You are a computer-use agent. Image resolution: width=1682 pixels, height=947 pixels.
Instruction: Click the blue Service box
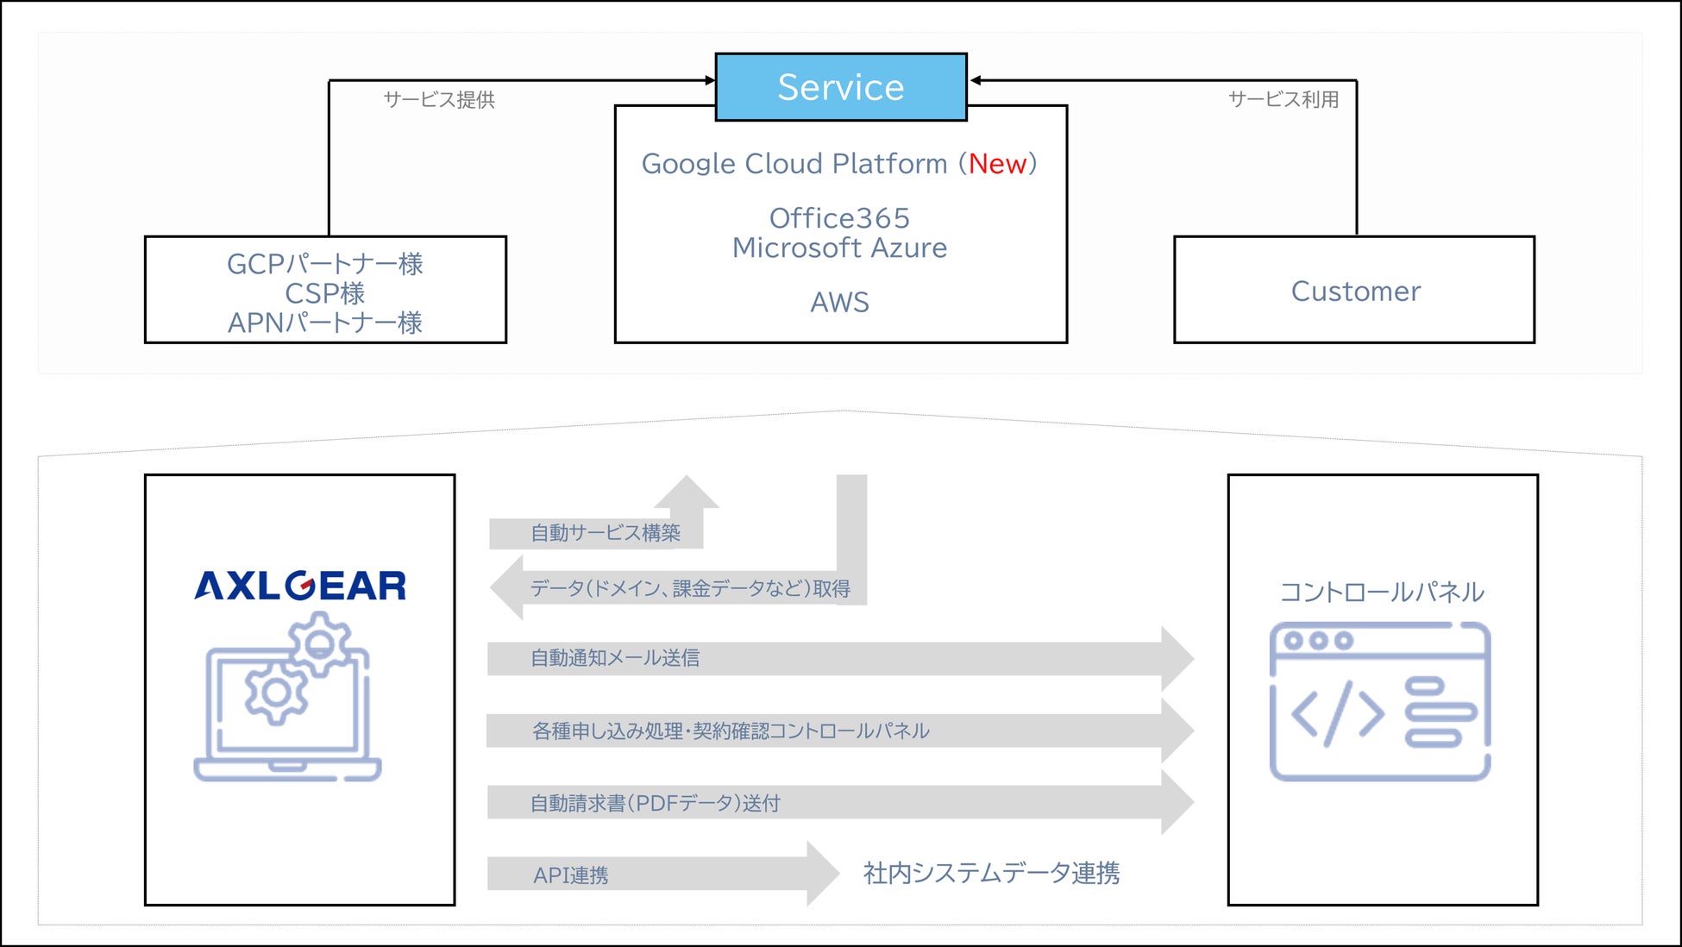841,87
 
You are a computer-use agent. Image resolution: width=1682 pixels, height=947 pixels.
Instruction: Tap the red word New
997,164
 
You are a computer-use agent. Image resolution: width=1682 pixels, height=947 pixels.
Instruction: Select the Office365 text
839,218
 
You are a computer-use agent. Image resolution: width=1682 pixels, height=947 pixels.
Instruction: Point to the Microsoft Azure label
839,248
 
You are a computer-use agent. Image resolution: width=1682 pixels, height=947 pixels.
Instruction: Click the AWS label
839,303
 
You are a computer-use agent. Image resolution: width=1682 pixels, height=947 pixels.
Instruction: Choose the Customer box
1354,291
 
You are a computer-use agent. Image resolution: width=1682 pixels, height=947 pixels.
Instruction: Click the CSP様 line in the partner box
325,293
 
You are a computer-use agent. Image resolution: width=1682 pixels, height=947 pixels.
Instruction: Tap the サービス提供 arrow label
439,100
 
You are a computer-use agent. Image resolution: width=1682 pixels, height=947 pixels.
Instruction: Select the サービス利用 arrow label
1283,100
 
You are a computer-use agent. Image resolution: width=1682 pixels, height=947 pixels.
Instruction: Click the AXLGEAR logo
300,586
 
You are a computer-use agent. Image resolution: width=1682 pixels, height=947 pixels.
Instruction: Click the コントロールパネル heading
1382,593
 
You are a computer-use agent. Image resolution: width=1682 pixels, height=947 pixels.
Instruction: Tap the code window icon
1380,701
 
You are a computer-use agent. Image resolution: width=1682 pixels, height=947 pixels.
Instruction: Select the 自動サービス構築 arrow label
606,533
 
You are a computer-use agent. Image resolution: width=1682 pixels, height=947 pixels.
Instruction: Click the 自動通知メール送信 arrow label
615,658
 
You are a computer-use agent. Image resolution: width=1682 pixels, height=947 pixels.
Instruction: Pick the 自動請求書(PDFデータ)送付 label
655,803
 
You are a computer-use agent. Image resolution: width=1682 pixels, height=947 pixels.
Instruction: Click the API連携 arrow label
571,875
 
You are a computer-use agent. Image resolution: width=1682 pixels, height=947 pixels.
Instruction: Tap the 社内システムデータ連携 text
991,874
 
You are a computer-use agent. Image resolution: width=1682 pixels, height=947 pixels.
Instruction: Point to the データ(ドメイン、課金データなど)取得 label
690,588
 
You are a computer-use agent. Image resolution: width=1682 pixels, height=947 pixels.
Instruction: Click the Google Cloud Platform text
794,164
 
